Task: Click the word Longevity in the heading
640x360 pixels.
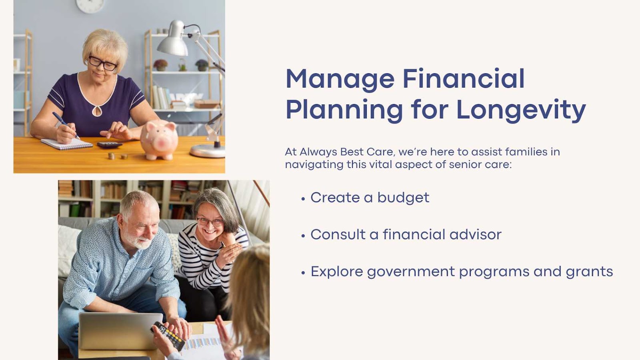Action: [x=521, y=110]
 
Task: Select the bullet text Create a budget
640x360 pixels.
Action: [x=370, y=198]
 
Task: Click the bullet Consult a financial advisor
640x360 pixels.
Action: [x=406, y=234]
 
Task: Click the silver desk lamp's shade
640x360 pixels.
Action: [x=173, y=40]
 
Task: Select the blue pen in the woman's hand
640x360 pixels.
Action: [x=66, y=125]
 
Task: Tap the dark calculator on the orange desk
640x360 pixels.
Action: [x=110, y=144]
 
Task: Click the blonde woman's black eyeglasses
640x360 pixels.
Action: [x=102, y=63]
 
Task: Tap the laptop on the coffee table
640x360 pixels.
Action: [x=120, y=331]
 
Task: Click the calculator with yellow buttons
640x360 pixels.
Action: [x=168, y=336]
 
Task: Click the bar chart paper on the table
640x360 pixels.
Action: [x=202, y=344]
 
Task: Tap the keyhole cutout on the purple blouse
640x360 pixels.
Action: [x=97, y=111]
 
